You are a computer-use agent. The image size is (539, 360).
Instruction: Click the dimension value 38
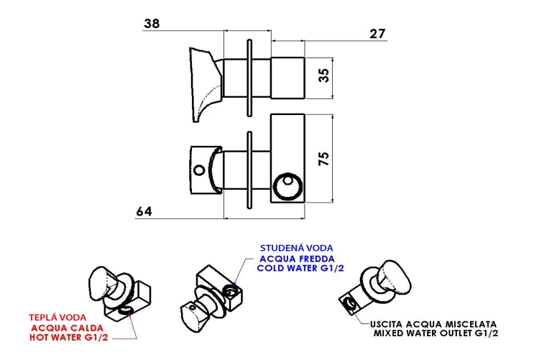pyautogui.click(x=152, y=24)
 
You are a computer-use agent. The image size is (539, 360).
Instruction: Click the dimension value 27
pyautogui.click(x=377, y=34)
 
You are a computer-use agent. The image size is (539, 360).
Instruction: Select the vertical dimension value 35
pyautogui.click(x=324, y=75)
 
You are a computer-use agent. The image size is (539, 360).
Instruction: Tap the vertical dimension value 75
pyautogui.click(x=324, y=159)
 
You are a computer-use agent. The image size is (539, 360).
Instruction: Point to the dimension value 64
pyautogui.click(x=144, y=211)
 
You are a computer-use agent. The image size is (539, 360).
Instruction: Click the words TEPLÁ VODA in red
pyautogui.click(x=57, y=318)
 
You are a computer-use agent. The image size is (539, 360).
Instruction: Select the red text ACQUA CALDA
pyautogui.click(x=68, y=328)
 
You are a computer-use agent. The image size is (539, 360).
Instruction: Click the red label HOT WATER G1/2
pyautogui.click(x=69, y=337)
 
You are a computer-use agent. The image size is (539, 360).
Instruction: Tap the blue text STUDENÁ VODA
pyautogui.click(x=296, y=248)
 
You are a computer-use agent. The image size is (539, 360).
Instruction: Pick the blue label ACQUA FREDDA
pyautogui.click(x=297, y=259)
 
